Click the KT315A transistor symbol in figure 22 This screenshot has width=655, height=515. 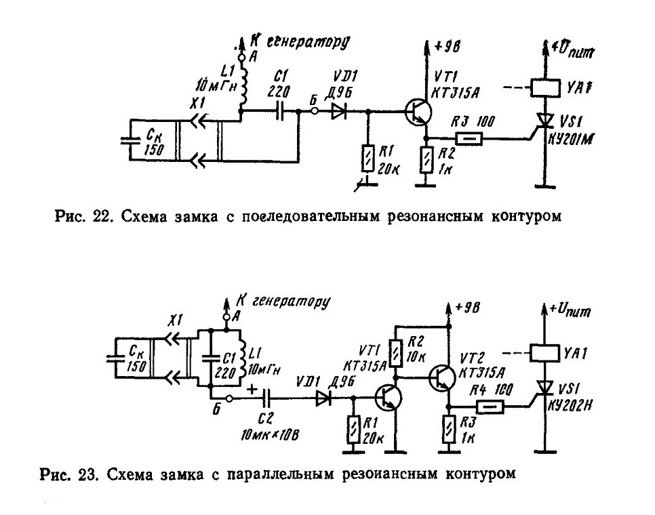[418, 111]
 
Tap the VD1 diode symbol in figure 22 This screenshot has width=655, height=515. [339, 111]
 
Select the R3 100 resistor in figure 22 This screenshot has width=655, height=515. [468, 138]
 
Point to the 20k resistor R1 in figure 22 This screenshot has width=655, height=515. [368, 158]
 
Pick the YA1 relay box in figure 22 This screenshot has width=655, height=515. [545, 87]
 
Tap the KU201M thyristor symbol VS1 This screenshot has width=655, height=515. [544, 122]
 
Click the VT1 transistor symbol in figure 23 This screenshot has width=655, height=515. [389, 398]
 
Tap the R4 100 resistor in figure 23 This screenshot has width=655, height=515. [490, 406]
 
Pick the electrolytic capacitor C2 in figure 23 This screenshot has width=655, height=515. [266, 398]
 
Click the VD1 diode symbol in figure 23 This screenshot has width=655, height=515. [323, 398]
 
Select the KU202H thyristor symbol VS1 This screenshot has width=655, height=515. [544, 390]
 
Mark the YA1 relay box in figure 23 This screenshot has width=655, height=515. [544, 353]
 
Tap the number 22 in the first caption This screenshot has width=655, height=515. [101, 217]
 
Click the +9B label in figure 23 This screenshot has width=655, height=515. [468, 308]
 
